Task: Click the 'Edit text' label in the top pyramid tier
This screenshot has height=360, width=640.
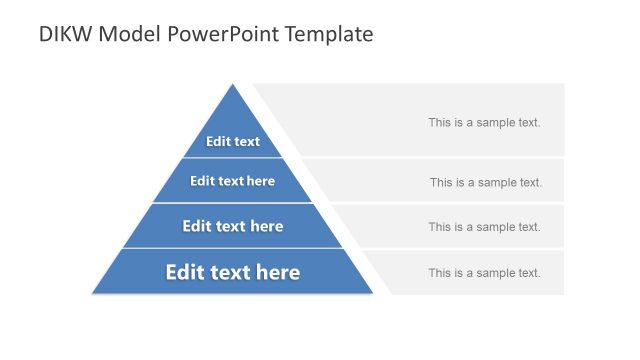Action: [x=233, y=141]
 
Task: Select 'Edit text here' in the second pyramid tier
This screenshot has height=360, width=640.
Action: [x=232, y=181]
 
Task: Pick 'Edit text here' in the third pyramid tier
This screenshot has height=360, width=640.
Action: [x=232, y=226]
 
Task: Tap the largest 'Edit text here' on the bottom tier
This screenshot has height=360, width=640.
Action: [x=232, y=272]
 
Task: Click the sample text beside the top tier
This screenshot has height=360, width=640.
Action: [x=484, y=122]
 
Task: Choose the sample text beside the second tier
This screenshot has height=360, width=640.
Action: [x=485, y=182]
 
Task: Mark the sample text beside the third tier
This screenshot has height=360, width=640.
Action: [x=484, y=227]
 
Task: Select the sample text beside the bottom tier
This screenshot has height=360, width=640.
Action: [x=484, y=273]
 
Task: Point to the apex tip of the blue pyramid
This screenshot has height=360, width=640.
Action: [x=233, y=85]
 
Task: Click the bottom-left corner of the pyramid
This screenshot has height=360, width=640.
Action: [x=94, y=293]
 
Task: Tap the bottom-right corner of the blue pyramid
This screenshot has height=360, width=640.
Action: [x=371, y=293]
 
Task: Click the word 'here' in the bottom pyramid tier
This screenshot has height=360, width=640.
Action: [x=277, y=272]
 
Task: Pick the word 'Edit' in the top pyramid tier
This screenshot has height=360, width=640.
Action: [x=218, y=141]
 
